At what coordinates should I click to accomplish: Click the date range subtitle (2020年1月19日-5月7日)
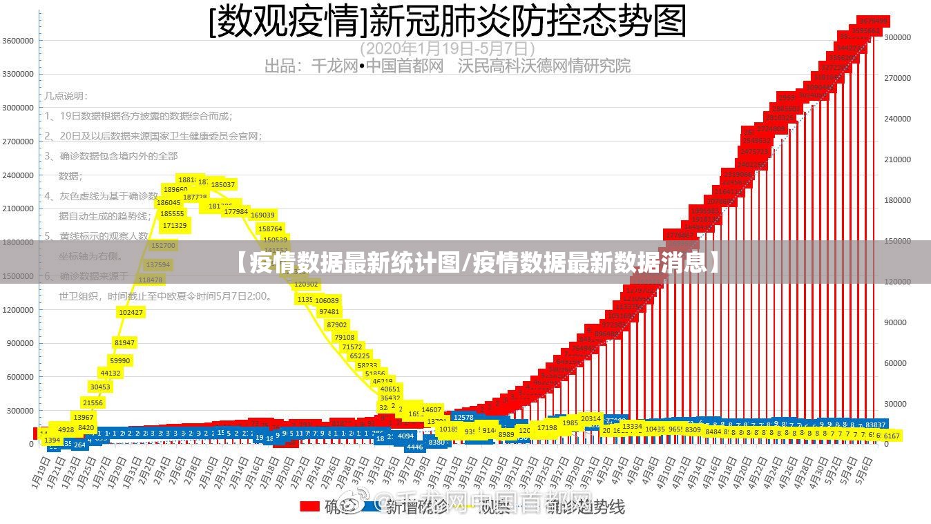(448, 48)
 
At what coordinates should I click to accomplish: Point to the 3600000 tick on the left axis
(18, 41)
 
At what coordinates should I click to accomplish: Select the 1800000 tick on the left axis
(18, 242)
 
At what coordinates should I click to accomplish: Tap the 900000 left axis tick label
(20, 343)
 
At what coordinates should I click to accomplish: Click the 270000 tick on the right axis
(898, 78)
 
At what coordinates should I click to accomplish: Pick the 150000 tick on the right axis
(898, 241)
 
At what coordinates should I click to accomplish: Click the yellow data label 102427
(131, 312)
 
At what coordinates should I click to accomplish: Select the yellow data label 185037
(223, 184)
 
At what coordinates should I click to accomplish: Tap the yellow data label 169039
(262, 215)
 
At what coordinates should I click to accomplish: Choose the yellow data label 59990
(119, 360)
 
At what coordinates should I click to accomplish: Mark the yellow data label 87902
(337, 324)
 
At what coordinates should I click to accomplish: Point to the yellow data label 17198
(547, 428)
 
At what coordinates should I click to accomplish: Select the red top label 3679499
(873, 21)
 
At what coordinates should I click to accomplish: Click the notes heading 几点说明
(66, 96)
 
